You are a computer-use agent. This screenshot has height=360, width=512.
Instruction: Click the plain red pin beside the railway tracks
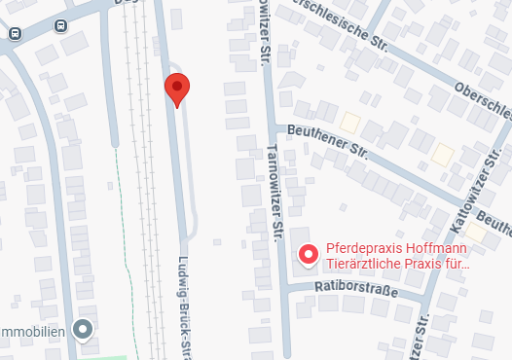176,89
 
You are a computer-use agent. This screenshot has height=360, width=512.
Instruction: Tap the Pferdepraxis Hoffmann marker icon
309,254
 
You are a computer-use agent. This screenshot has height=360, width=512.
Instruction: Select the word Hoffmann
440,247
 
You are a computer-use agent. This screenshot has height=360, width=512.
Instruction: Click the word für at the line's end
457,263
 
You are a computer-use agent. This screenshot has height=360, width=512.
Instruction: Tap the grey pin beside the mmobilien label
84,330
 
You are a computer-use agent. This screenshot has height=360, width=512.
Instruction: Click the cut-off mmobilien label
32,332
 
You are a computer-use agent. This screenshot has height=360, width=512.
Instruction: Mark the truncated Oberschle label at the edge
482,101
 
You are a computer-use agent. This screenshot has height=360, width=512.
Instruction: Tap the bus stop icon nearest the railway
61,26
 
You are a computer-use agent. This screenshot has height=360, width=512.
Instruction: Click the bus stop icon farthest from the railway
15,33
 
